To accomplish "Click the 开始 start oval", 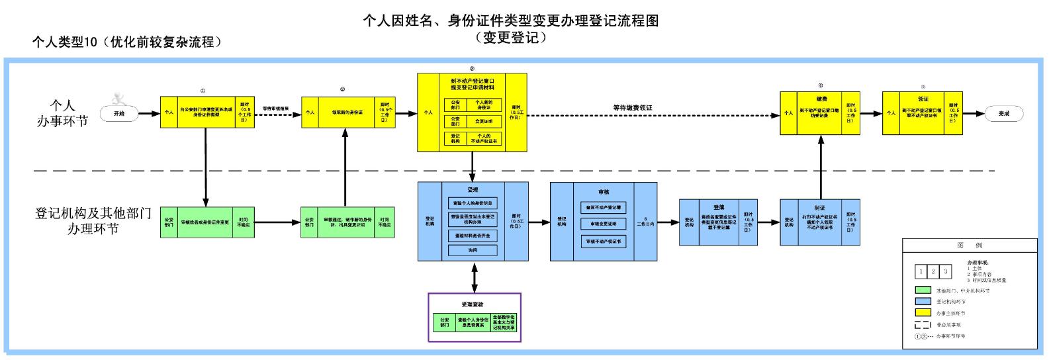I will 119,114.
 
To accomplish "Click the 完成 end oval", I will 1003,114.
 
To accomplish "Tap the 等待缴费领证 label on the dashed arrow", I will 632,107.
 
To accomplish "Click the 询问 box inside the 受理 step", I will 473,250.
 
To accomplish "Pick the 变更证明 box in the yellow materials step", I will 484,122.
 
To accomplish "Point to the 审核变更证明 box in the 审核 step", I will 603,224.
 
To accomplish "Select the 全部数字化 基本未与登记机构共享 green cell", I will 506,322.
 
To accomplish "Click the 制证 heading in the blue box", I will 820,207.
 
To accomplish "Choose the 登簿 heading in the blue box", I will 719,207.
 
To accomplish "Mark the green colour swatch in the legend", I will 923,290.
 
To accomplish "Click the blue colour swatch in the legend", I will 923,301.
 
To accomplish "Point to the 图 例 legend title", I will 969,246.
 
